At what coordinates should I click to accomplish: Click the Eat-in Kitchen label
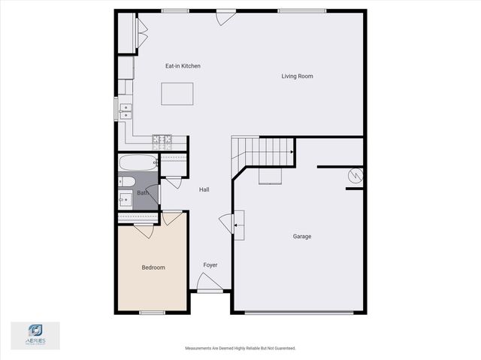(183, 66)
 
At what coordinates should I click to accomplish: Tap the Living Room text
(297, 76)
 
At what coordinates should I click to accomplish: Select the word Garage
(302, 237)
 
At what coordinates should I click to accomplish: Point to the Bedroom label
(153, 268)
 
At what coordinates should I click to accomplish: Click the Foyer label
(210, 265)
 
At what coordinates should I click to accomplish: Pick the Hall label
(204, 190)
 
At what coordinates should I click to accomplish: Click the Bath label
(142, 193)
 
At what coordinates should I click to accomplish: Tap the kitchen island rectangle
(177, 94)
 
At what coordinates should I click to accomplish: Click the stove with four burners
(162, 140)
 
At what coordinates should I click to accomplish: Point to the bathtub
(138, 162)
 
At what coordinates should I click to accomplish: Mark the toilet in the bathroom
(126, 182)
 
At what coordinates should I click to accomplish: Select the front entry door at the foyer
(208, 285)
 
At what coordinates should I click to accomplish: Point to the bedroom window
(152, 313)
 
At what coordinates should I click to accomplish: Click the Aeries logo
(35, 334)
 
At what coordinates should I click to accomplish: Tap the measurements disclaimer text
(240, 348)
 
